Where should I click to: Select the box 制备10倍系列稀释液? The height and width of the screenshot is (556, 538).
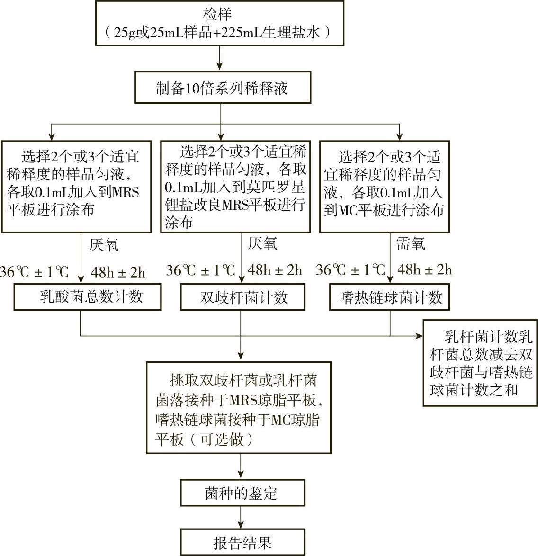[222, 88]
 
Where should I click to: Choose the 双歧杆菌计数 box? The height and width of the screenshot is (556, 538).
[242, 297]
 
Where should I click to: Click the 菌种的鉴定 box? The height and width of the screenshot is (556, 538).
[242, 493]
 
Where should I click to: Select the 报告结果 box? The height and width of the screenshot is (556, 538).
[242, 542]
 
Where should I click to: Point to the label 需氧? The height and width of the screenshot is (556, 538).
[410, 244]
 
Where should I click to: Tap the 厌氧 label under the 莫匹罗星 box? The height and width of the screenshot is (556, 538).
[263, 244]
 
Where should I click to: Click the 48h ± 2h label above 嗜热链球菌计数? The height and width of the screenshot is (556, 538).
[424, 270]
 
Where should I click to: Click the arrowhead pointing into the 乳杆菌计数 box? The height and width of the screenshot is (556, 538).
[420, 336]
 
